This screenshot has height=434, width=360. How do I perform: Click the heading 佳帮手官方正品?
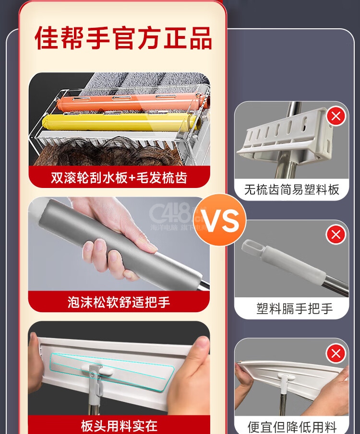(x=123, y=38)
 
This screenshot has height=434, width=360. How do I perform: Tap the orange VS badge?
(x=219, y=220)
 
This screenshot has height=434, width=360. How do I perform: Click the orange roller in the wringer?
(x=130, y=102)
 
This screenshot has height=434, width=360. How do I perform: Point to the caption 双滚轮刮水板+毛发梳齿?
(x=119, y=177)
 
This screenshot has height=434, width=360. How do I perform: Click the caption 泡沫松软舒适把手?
(x=119, y=302)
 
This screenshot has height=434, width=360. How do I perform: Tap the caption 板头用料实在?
(x=119, y=426)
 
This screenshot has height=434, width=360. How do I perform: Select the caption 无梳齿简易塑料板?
(x=291, y=190)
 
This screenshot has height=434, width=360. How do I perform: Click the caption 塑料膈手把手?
(x=294, y=308)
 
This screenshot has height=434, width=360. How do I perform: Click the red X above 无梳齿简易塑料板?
(x=336, y=116)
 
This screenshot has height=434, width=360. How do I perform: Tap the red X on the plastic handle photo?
(x=336, y=235)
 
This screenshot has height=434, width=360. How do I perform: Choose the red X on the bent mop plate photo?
(x=336, y=353)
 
